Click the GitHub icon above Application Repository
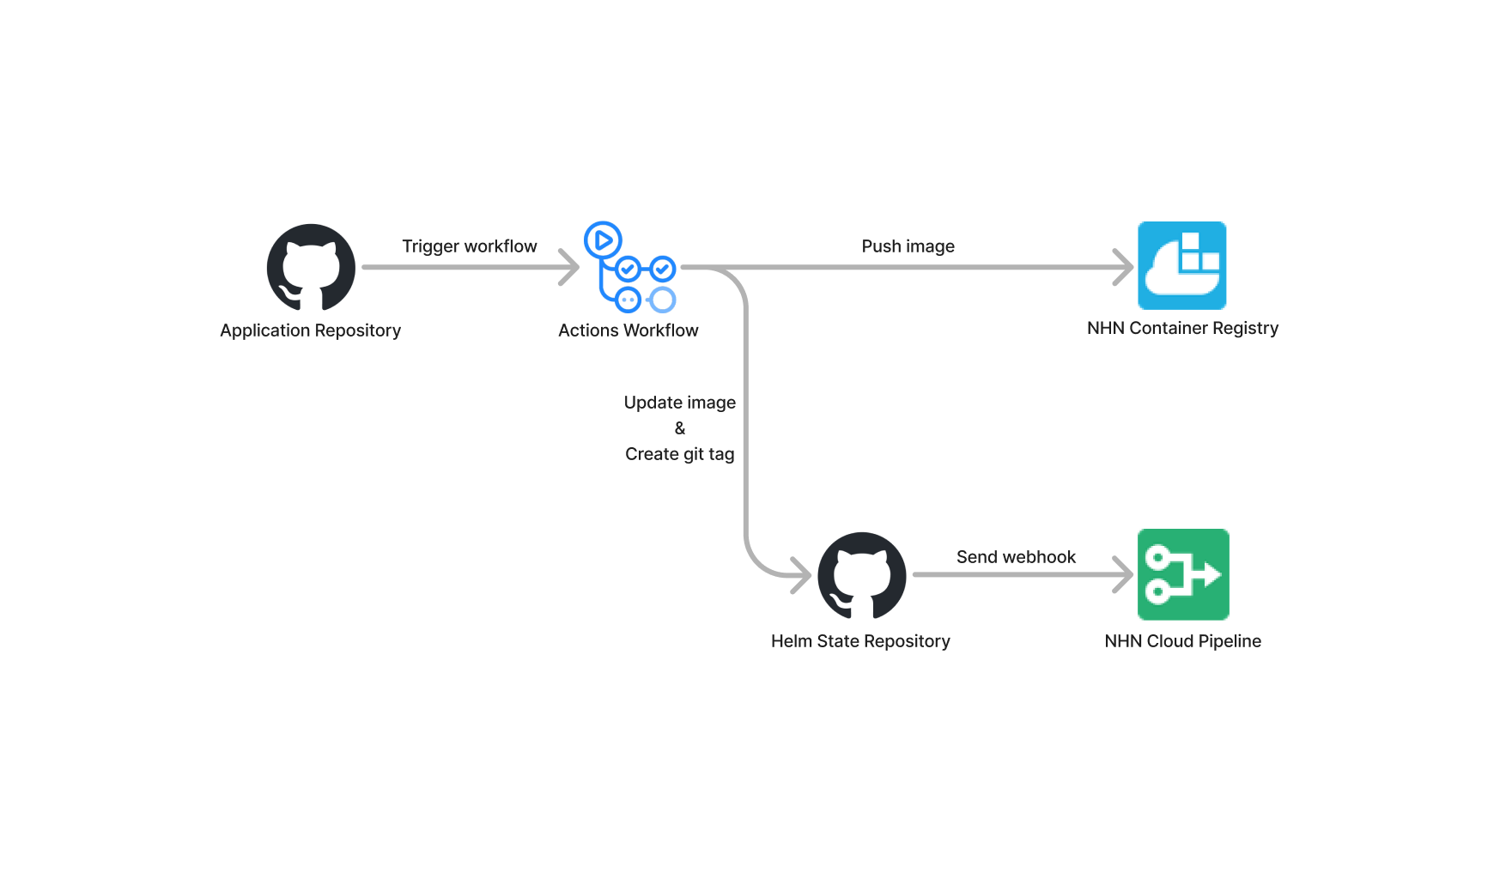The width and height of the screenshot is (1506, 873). (311, 267)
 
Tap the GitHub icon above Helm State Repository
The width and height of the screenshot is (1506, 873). (862, 575)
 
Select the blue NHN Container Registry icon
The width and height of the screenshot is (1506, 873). (1182, 265)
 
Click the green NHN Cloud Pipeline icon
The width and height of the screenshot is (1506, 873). (1183, 574)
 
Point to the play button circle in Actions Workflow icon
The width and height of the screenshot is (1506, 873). (603, 240)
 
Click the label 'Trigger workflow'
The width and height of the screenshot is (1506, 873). (470, 246)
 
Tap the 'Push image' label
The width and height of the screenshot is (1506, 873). (908, 246)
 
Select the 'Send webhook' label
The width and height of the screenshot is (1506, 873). (1017, 557)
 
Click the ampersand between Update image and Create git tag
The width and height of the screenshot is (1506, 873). (680, 428)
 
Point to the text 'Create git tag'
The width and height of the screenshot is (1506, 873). (680, 454)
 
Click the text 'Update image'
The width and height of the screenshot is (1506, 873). (680, 403)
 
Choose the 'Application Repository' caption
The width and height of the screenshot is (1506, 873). (311, 330)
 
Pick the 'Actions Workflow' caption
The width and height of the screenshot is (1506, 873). (629, 330)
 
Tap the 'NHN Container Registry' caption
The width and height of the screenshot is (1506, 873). (1183, 328)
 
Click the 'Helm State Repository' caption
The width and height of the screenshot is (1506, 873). (861, 641)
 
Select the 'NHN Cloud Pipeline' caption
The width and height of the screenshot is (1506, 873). (1183, 641)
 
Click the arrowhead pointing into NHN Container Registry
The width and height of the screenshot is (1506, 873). (1125, 267)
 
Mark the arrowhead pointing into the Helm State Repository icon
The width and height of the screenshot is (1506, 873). (802, 575)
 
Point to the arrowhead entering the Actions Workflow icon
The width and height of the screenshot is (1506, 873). (570, 267)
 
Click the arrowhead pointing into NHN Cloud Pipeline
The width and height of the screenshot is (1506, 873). (1125, 574)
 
